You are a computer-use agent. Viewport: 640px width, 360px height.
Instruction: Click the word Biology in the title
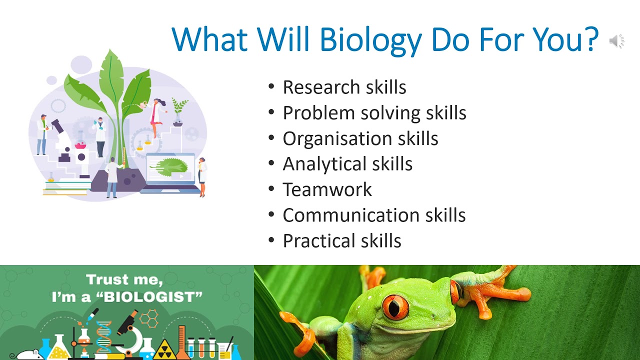(x=370, y=40)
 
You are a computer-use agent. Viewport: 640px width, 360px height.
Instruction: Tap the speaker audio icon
(x=616, y=41)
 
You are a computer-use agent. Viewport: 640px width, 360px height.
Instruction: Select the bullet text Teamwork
(x=327, y=189)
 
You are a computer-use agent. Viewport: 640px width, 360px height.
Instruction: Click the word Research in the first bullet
(x=318, y=87)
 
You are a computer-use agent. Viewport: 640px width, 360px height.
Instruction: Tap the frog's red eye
(x=395, y=306)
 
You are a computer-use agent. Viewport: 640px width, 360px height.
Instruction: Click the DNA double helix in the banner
(x=104, y=335)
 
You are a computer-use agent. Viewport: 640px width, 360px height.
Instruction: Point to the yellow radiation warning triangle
(x=163, y=350)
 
